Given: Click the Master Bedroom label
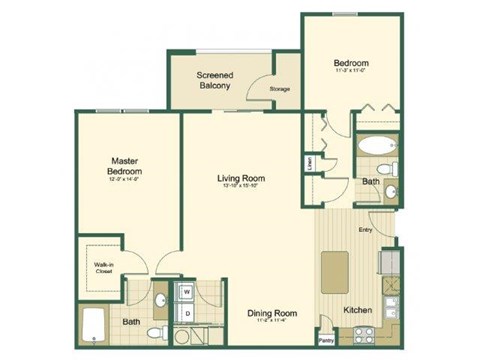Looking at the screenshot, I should [x=125, y=163].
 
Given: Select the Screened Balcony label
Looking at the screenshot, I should [x=215, y=81].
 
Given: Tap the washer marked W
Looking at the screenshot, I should [x=186, y=293].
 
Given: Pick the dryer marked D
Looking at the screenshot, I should [x=186, y=313].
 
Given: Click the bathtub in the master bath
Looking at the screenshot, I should [x=95, y=326].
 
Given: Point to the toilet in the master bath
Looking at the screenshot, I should [x=152, y=330].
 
